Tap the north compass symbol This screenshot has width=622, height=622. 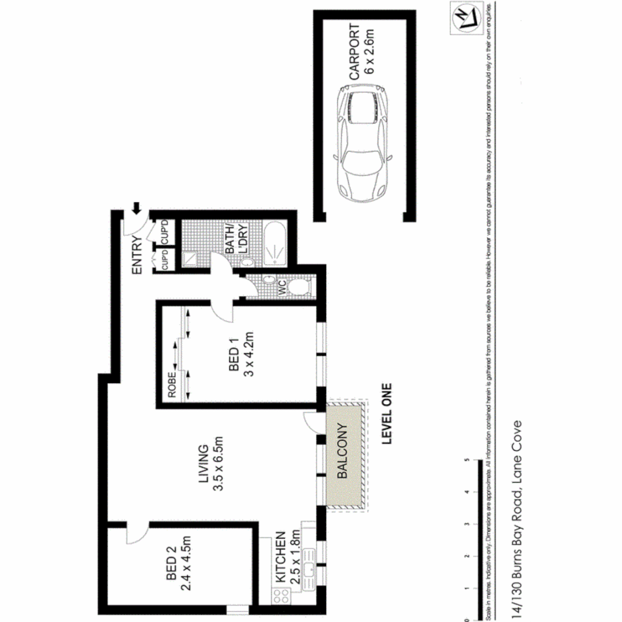465,19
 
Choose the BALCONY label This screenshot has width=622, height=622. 342,452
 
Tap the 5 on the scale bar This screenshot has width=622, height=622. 465,460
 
